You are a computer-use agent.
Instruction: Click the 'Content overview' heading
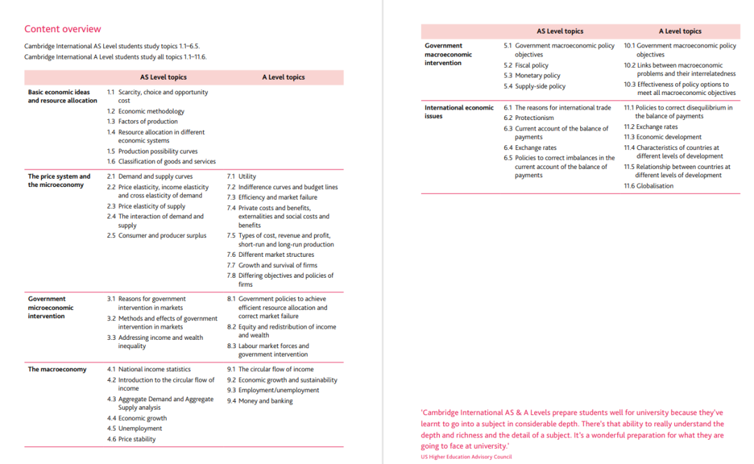(x=63, y=29)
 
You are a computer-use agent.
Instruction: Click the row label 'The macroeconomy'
(x=57, y=369)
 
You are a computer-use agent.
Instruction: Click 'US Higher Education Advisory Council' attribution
(x=466, y=457)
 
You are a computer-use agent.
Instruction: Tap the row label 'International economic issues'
(x=459, y=112)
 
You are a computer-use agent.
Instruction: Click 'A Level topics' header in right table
(x=680, y=31)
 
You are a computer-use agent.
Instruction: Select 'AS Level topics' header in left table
(x=163, y=77)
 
